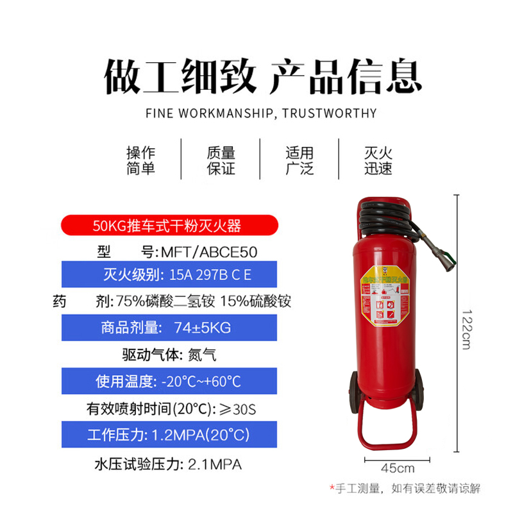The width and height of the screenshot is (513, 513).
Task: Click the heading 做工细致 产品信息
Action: pyautogui.click(x=263, y=76)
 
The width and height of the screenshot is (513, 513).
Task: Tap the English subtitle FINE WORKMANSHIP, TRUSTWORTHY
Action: pyautogui.click(x=261, y=114)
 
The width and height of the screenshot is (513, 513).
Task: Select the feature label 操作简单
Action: pyautogui.click(x=141, y=161)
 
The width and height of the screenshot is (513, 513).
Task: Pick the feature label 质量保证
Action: pyautogui.click(x=221, y=161)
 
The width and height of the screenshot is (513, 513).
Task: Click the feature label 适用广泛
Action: pyautogui.click(x=299, y=161)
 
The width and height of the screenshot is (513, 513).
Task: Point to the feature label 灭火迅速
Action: pyautogui.click(x=378, y=161)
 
